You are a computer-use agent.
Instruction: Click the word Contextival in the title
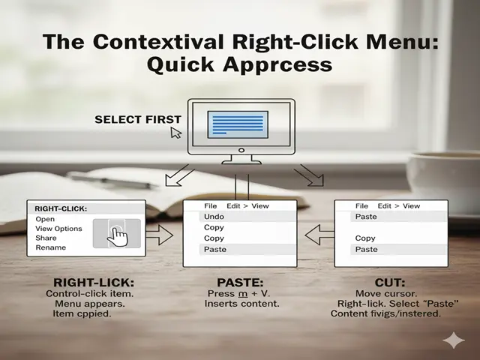point(158,41)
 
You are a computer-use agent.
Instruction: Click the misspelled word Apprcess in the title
point(277,65)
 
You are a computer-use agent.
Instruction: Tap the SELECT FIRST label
point(138,119)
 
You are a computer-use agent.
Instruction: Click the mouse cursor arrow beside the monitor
point(176,133)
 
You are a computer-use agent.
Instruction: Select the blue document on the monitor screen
point(238,124)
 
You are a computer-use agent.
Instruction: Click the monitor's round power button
point(241,150)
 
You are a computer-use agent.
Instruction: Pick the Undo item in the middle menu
point(214,217)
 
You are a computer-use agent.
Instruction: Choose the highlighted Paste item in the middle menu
point(215,250)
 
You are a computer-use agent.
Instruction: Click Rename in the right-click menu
point(50,247)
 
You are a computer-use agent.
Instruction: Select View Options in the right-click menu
point(58,229)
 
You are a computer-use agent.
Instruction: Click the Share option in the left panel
point(46,238)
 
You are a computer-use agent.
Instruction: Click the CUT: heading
point(390,282)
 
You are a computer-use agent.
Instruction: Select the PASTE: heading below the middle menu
point(240,282)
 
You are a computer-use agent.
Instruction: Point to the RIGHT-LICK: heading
point(94,282)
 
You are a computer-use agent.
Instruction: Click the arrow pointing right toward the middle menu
point(160,235)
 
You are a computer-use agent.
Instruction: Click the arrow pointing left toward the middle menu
point(319,235)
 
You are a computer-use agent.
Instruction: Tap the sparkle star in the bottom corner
point(454,340)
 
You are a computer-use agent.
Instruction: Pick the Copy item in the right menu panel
point(365,238)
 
